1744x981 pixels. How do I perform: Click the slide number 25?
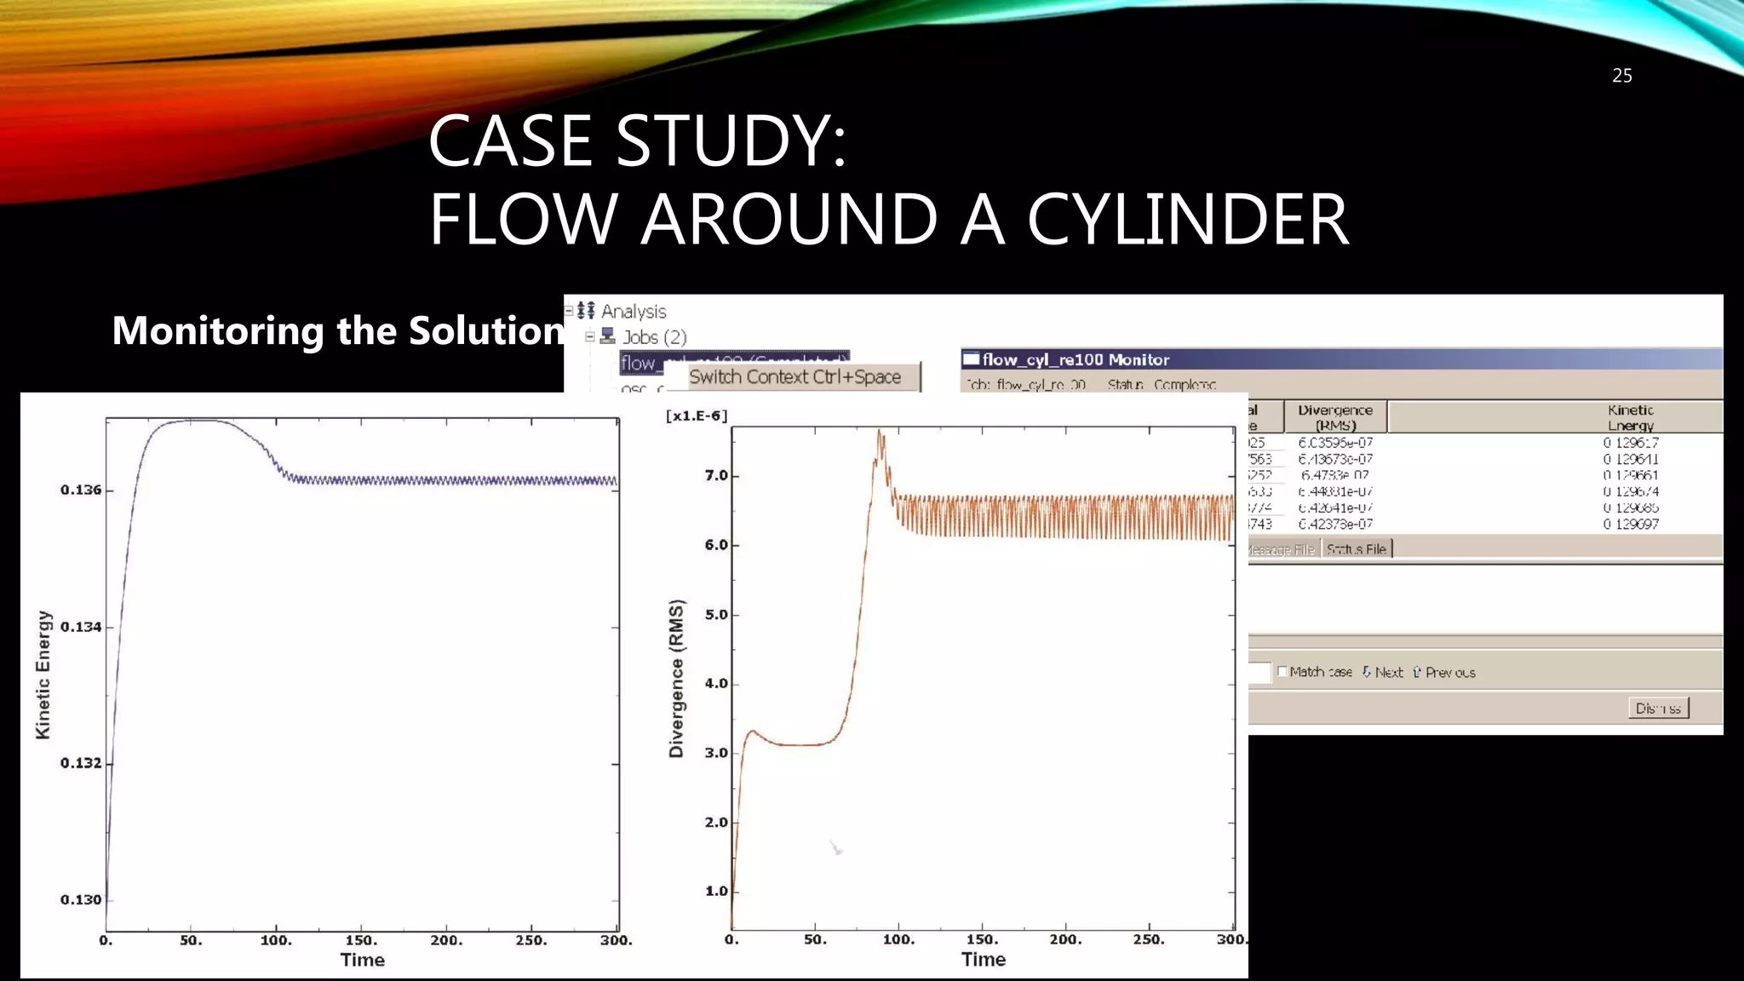tap(1621, 76)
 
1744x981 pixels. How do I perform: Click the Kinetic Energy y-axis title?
tap(43, 674)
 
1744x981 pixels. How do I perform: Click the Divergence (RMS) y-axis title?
tap(676, 679)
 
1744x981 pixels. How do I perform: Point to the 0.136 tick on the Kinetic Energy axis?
tap(81, 490)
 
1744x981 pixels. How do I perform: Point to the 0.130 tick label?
tap(81, 899)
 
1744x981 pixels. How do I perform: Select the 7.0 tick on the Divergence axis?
tap(716, 475)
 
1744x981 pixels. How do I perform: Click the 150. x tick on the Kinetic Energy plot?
tap(361, 940)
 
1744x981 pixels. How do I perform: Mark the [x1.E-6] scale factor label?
tap(697, 416)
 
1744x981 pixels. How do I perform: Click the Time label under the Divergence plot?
tap(984, 960)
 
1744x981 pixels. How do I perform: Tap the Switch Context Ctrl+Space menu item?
tap(795, 377)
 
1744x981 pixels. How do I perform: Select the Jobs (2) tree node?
tap(654, 337)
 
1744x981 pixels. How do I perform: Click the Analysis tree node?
tap(634, 312)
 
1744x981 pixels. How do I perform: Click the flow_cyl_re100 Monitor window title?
tap(1076, 359)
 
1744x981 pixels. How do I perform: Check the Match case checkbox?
tap(1282, 672)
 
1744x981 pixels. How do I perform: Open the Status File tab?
tap(1356, 549)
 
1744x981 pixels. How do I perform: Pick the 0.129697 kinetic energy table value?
tap(1631, 524)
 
